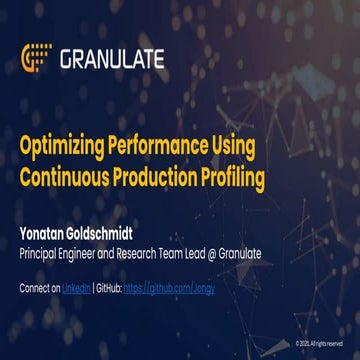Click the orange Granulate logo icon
tap(37, 58)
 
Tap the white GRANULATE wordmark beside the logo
tap(112, 59)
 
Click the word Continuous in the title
tap(67, 177)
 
